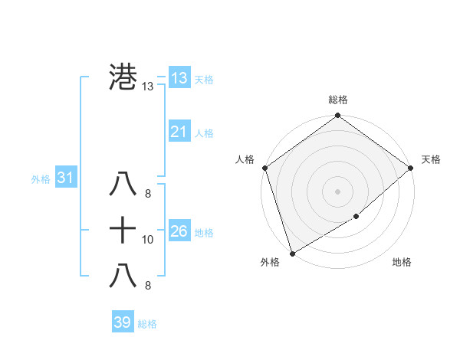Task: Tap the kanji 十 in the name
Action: click(x=123, y=229)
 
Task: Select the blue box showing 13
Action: click(x=179, y=78)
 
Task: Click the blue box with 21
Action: click(x=179, y=132)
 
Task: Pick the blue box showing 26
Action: click(x=179, y=231)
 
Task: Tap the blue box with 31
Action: click(x=65, y=178)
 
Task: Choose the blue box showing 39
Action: click(x=122, y=322)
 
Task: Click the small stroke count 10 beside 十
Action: click(x=148, y=240)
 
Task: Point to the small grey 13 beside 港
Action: click(x=148, y=87)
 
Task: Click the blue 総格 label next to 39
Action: click(x=147, y=324)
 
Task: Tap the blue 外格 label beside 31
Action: click(x=41, y=179)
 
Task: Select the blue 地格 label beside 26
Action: click(x=205, y=232)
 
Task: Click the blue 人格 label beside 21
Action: click(x=205, y=133)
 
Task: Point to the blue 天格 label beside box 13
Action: click(x=205, y=80)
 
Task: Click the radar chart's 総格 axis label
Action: click(x=338, y=100)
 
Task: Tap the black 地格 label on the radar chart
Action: click(x=402, y=262)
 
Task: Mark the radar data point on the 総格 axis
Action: click(x=338, y=116)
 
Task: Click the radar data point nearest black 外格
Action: click(x=292, y=254)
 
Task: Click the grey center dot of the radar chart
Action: click(x=338, y=191)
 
